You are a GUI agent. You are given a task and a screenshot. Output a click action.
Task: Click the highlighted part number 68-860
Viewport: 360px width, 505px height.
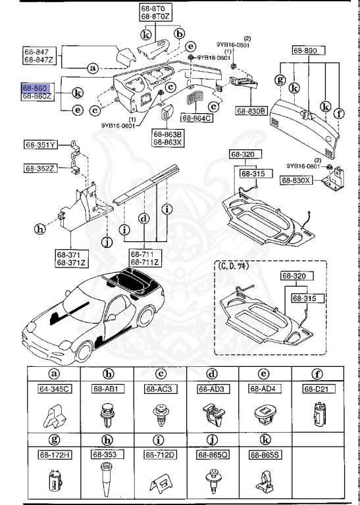click(x=35, y=87)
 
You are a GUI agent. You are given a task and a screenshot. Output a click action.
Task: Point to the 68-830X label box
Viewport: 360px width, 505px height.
click(x=297, y=180)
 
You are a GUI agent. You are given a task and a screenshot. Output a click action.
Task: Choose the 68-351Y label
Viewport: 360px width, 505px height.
click(x=41, y=144)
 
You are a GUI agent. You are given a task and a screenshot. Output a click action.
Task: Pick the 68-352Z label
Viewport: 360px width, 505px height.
click(x=41, y=168)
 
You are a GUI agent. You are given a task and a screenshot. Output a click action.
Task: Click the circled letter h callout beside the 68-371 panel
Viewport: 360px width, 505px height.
click(x=41, y=228)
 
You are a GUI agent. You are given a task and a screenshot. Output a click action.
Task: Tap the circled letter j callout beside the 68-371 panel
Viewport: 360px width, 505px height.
click(x=107, y=241)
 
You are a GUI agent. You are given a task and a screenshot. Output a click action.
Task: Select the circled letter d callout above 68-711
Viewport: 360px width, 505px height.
click(x=143, y=218)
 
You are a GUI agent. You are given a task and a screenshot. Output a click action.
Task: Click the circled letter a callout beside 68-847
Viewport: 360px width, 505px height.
click(x=93, y=67)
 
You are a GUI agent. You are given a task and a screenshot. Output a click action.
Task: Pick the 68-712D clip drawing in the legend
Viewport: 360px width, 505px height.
click(x=160, y=483)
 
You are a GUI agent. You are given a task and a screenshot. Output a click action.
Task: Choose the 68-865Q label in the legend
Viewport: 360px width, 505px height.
click(x=212, y=454)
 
